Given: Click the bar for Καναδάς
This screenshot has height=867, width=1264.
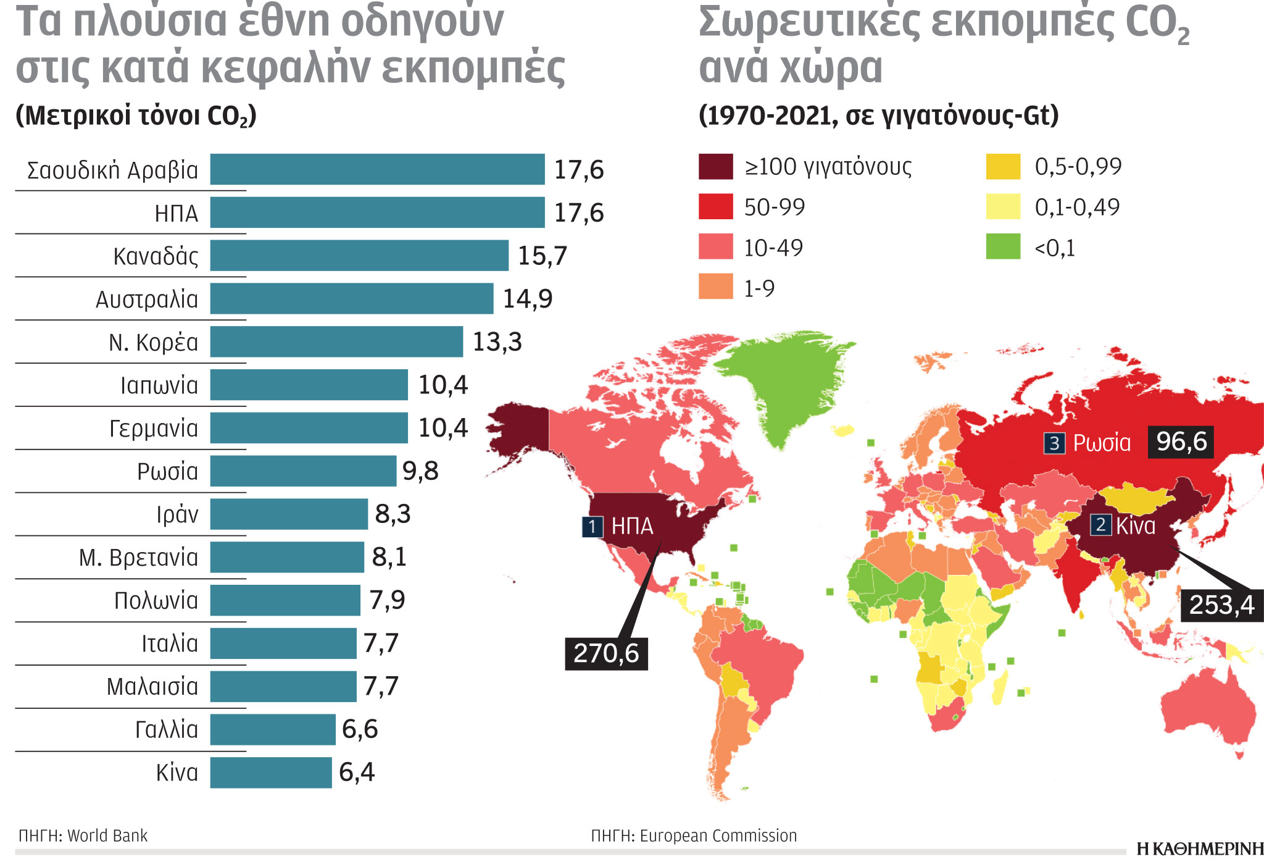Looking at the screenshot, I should point(359,256).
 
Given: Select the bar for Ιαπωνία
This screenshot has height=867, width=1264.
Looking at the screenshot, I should point(309,385).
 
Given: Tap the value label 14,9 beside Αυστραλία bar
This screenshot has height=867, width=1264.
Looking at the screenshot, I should point(527,299).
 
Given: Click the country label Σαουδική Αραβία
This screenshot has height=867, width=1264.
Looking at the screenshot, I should point(112,170).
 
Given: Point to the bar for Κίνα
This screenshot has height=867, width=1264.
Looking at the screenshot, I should point(270,773).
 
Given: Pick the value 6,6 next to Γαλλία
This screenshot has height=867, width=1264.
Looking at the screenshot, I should point(359,729).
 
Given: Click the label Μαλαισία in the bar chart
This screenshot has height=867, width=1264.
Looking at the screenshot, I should point(152,687).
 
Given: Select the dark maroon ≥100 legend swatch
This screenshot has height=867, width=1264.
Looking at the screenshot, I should point(715,167).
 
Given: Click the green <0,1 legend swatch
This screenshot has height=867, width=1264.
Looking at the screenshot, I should point(1003,246).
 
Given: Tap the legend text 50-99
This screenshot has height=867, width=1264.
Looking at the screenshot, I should point(774,207).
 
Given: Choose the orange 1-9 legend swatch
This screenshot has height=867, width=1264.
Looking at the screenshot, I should point(715,287).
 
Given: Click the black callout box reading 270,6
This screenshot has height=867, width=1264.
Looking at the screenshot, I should point(606,653).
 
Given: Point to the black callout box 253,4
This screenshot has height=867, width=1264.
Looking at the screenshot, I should point(1221,605).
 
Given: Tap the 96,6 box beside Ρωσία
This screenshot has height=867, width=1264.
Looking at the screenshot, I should point(1181,442).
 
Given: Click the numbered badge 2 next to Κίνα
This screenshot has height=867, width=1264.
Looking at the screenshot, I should point(1100,525).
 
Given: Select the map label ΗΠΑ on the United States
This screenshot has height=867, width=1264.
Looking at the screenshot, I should point(631,526).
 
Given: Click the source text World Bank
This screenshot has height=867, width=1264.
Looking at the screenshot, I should point(107,836).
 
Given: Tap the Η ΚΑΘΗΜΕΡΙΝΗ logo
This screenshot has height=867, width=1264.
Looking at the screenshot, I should point(1199,849).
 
